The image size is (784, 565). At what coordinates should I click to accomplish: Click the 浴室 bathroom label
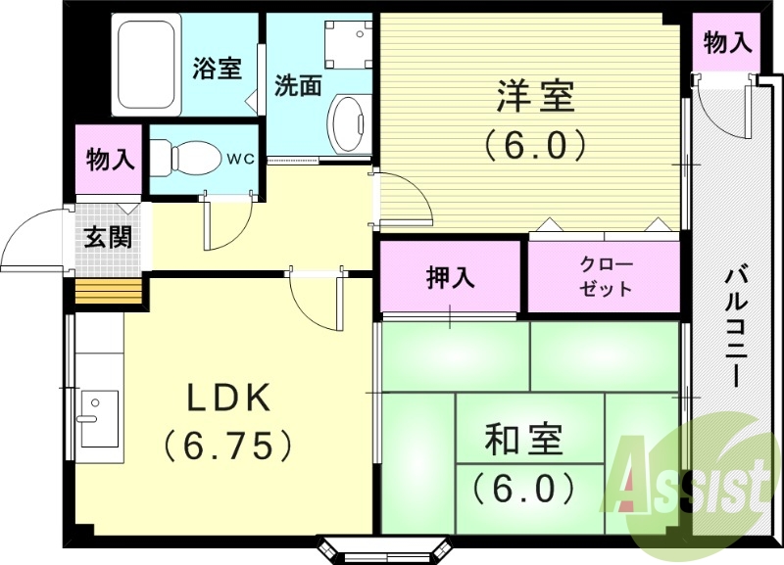coord(217,69)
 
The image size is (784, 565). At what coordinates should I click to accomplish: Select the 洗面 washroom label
coord(298,86)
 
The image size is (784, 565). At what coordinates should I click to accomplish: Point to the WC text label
coord(240,157)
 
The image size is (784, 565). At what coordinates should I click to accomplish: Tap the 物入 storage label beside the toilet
coord(110,158)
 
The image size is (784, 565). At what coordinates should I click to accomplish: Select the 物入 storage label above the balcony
coord(728,42)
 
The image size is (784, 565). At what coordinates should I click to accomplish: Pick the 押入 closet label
coord(451,278)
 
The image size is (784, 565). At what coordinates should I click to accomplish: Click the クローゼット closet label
coord(607,277)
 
